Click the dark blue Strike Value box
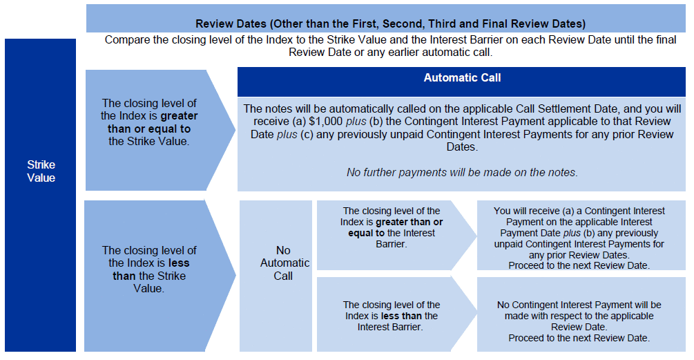tap(40, 195)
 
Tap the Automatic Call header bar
tap(461, 82)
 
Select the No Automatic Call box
tap(276, 276)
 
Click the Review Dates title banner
tap(386, 19)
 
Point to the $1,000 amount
tap(325, 122)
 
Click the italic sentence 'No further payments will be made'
tap(462, 172)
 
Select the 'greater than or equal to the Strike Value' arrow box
tap(160, 130)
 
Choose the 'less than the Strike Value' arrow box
tap(160, 276)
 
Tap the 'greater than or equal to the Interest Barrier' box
tap(396, 235)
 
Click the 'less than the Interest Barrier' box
tap(396, 314)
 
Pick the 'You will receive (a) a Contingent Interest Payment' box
tap(581, 235)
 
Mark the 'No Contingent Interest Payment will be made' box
tap(581, 314)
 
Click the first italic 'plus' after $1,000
tap(356, 122)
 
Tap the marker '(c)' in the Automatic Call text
tap(307, 134)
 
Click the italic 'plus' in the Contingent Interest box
tap(572, 234)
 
